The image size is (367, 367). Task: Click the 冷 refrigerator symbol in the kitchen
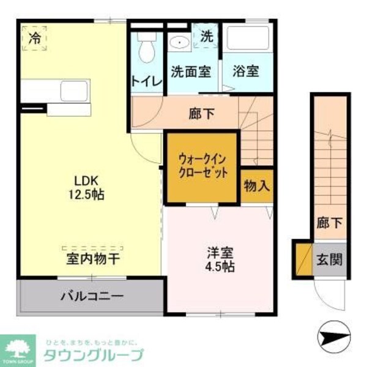tap(35, 38)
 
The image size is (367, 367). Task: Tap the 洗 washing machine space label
tap(207, 36)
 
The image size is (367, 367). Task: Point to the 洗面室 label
tap(191, 71)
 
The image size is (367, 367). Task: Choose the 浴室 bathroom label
tap(245, 71)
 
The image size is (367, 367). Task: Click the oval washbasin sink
tap(179, 42)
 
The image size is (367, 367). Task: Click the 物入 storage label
tap(256, 186)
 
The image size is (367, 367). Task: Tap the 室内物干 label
tap(93, 259)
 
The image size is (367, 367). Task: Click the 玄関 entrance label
tap(328, 259)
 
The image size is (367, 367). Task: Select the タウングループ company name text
tap(93, 355)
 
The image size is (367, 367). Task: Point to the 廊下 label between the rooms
tap(200, 113)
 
